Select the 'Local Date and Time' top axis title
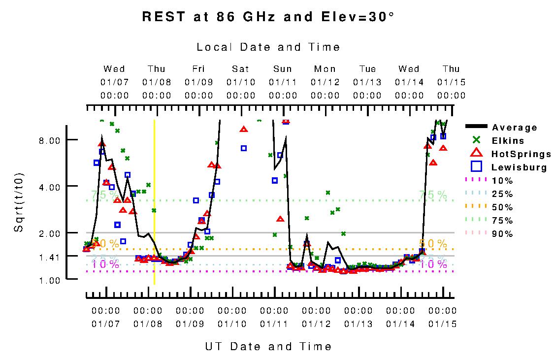268,47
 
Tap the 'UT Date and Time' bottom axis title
268,347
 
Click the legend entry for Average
514,128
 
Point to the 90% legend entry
502,234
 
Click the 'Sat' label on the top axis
241,69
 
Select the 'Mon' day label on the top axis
325,69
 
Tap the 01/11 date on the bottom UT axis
274,324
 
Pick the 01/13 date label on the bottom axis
358,324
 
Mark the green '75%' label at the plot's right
433,195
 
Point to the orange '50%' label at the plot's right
433,243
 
